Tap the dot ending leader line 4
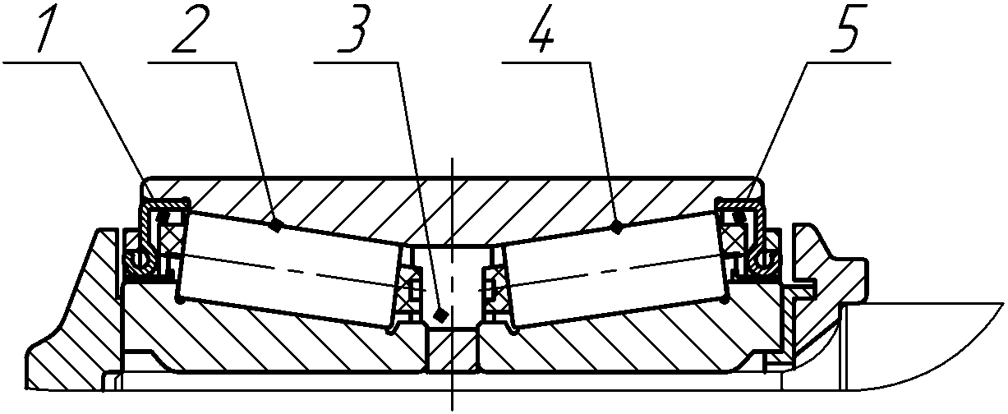[x=617, y=228]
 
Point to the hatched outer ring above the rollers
[x=452, y=205]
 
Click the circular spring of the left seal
[x=137, y=262]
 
